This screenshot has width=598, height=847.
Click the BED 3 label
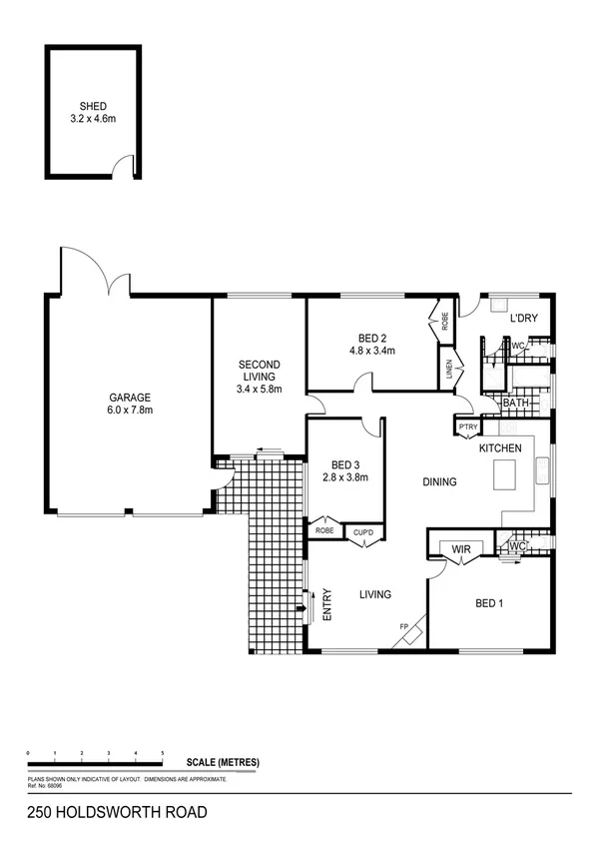pos(344,464)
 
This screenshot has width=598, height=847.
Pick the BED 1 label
pos(488,602)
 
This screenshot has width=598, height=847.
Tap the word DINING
pos(439,481)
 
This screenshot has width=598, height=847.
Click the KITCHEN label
pos(499,449)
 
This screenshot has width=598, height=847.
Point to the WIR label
pos(461,548)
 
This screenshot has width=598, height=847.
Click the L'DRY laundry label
pos(524,319)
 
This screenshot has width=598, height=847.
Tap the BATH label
pos(515,403)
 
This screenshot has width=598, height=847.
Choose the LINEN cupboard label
pos(450,371)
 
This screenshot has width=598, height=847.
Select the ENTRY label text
pos(328,606)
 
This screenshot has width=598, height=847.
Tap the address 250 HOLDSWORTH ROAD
pos(106,813)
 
